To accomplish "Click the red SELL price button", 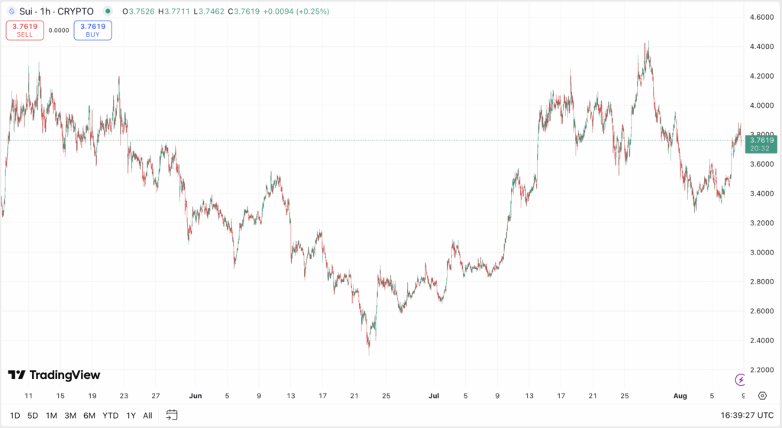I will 25,31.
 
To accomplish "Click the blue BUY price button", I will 93,31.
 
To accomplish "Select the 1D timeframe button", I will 15,415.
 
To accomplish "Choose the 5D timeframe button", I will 33,415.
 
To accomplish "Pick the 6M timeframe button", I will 89,415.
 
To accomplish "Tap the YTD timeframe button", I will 110,415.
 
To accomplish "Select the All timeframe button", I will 147,415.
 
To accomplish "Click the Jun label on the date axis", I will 195,396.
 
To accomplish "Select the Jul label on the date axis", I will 434,396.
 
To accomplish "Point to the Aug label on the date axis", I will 680,396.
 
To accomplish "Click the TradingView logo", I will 54,375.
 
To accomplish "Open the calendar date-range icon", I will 172,415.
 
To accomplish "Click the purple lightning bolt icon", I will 740,380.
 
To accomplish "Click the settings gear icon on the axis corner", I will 762,396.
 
